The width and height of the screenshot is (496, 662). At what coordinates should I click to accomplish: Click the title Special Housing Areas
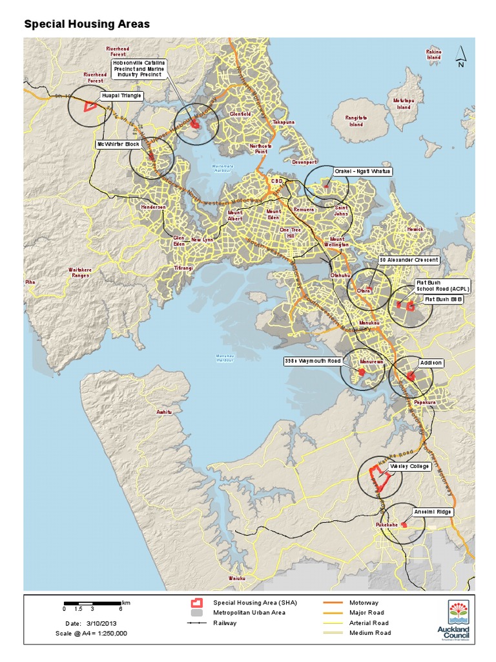tap(87, 25)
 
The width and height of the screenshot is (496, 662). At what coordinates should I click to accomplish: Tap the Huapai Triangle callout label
tap(121, 96)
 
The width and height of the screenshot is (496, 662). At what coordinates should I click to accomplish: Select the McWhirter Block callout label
tap(118, 144)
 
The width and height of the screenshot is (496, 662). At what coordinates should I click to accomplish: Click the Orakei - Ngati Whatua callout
tap(362, 171)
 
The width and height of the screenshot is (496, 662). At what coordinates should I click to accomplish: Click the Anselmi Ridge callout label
tap(433, 512)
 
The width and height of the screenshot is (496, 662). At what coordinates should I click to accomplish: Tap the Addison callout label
tap(431, 363)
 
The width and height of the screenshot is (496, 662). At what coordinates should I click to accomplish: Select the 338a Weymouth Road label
tap(313, 360)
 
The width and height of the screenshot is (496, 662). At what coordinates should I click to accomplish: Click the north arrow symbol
tap(460, 56)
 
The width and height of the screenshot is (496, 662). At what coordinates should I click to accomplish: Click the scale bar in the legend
tap(92, 603)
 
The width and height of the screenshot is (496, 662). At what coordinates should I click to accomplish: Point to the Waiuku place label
tap(237, 578)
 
